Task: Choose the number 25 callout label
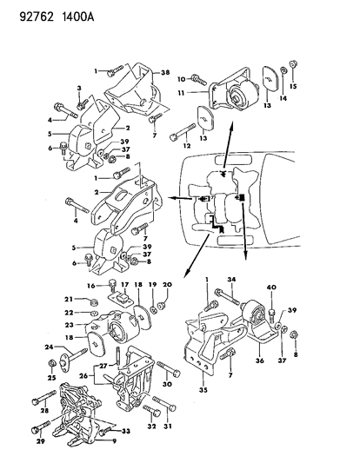[50, 377]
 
